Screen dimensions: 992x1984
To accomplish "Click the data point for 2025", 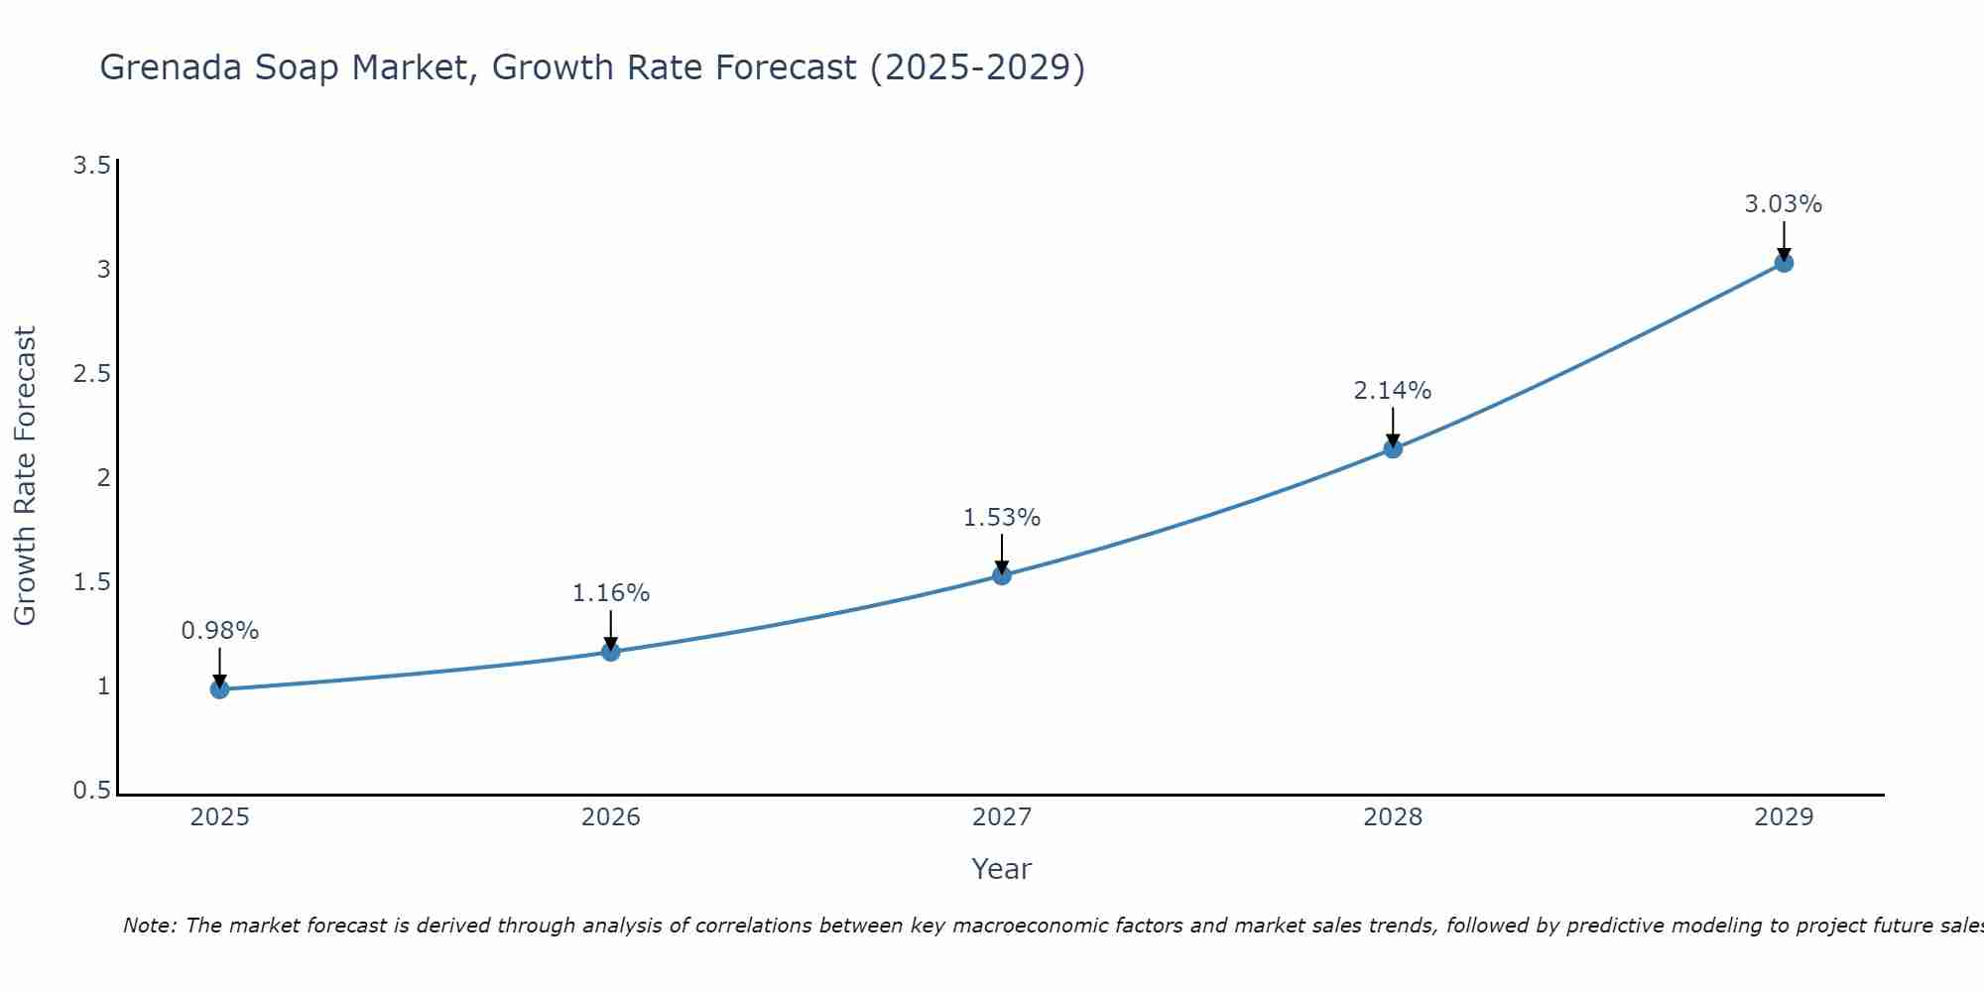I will [219, 689].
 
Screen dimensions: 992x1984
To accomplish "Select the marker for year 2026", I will [611, 652].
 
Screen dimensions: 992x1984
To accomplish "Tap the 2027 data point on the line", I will [1002, 575].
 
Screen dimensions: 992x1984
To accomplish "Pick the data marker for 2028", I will [1393, 448].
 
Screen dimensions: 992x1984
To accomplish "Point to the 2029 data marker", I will [1784, 263].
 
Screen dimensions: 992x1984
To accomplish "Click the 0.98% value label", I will [219, 631].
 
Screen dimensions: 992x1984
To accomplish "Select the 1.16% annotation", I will [611, 593].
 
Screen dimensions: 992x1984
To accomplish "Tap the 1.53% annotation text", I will [1002, 518].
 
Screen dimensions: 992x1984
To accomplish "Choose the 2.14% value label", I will [1393, 391].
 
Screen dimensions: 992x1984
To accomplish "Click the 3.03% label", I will [1784, 204].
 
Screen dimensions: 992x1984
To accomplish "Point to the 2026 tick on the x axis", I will [611, 817].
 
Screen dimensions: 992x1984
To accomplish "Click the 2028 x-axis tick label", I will [1393, 817].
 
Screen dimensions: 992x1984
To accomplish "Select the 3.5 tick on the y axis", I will [91, 166].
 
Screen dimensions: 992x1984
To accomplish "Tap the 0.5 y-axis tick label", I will [91, 791].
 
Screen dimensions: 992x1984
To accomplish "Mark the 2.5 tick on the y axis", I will [91, 374].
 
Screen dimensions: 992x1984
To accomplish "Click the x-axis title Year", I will [1002, 869].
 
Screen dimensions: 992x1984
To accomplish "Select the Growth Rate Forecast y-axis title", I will [25, 476].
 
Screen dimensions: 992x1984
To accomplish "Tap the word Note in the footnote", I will [149, 926].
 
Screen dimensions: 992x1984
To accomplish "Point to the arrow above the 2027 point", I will [1002, 554].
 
